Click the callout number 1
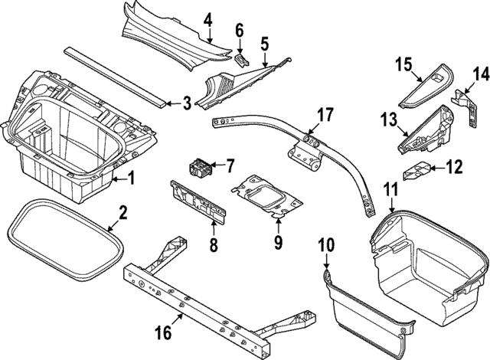coord(130,180)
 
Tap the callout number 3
coord(186,103)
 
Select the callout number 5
coord(264,44)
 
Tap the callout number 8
coord(214,245)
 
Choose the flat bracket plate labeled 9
coord(264,195)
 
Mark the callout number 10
coord(326,245)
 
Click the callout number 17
coord(326,116)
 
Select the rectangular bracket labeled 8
coord(198,201)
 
